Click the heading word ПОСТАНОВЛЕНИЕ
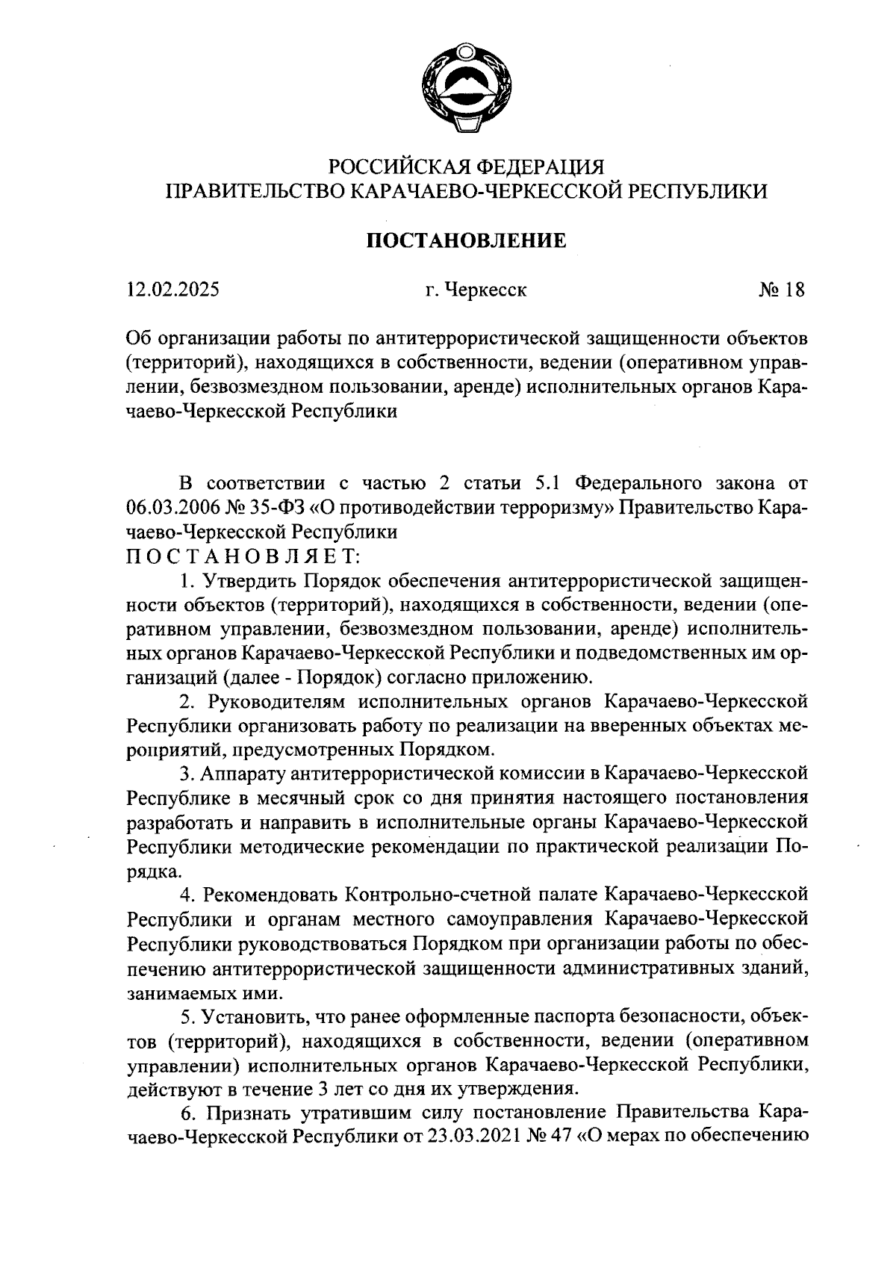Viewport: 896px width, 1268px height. coord(466,240)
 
